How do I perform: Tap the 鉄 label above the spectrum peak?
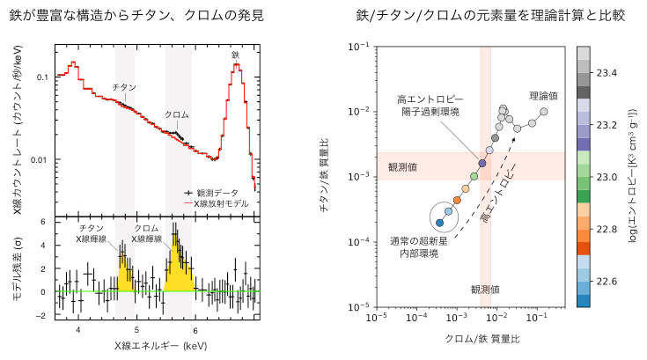tap(235, 55)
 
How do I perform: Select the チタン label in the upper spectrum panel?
tap(124, 87)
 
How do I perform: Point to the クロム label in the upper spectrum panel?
tap(177, 115)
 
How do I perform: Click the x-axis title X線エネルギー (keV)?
tap(155, 346)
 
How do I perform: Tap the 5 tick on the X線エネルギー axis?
tap(136, 328)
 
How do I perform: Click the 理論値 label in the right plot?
tap(543, 95)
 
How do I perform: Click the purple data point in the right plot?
tap(482, 163)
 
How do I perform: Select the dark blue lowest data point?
tap(439, 223)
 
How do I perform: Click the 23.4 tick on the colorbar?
tap(610, 72)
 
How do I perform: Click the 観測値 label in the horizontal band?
tap(401, 166)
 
